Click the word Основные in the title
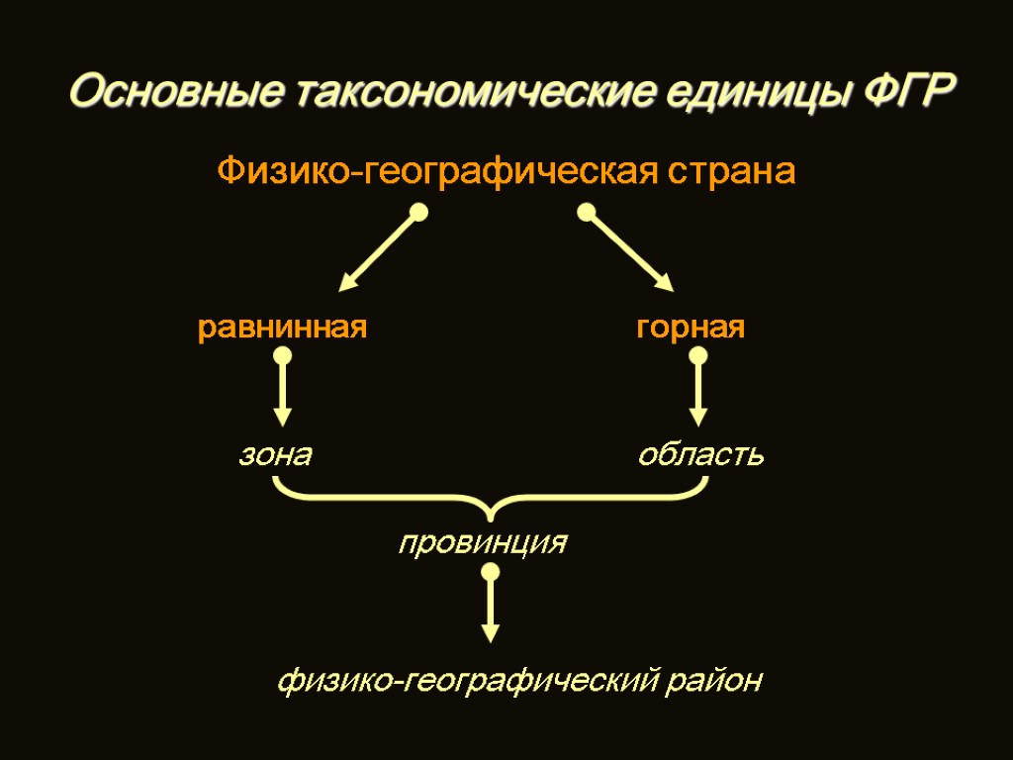(173, 95)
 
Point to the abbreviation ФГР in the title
(910, 95)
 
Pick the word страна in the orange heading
(732, 172)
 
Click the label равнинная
(283, 328)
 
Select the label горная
(691, 328)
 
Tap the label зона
(275, 455)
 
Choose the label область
(700, 455)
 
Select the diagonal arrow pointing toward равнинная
(379, 251)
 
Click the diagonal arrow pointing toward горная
(630, 251)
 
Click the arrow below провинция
(490, 608)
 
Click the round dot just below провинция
(490, 573)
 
